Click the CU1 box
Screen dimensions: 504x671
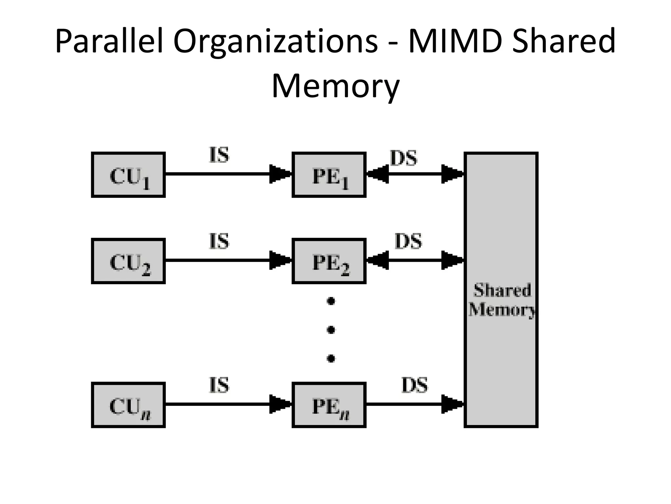tap(128, 175)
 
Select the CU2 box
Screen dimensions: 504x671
tap(128, 261)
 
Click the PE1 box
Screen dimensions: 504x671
tap(329, 175)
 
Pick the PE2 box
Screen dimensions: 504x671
tap(329, 261)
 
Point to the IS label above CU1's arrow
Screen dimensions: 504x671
tap(219, 155)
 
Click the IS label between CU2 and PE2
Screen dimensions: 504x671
tap(219, 241)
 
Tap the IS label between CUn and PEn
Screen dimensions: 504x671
tap(219, 385)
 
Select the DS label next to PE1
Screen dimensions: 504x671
tap(404, 158)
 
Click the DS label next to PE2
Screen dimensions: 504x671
tap(408, 241)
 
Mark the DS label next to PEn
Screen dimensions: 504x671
tap(414, 385)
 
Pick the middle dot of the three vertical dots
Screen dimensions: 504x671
tap(331, 329)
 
